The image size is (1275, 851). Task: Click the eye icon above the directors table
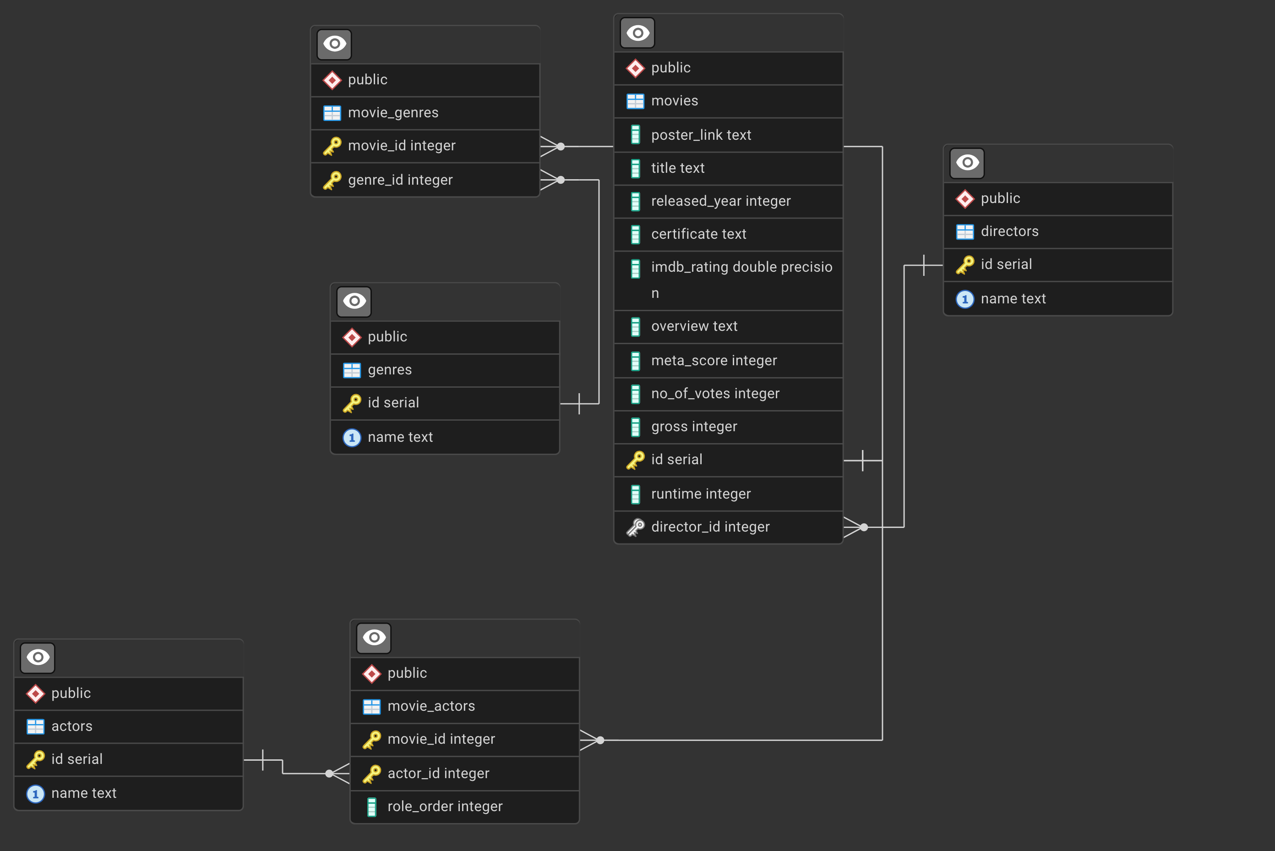point(967,163)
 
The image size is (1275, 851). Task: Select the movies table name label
point(674,101)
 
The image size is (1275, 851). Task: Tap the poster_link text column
point(701,135)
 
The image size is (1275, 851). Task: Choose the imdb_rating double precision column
point(741,268)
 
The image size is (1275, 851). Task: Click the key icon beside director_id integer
point(635,527)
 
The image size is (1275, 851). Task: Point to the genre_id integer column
point(400,180)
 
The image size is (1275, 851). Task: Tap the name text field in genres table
point(400,438)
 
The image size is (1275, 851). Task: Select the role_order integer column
point(445,807)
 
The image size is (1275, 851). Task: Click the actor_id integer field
point(438,774)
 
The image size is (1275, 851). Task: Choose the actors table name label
point(71,726)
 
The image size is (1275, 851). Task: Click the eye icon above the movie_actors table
point(374,638)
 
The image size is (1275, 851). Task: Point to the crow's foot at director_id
point(855,527)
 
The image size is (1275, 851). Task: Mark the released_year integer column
point(721,201)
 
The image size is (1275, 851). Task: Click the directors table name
point(1009,232)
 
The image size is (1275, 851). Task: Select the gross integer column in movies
point(694,427)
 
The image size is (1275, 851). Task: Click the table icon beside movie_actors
point(371,707)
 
